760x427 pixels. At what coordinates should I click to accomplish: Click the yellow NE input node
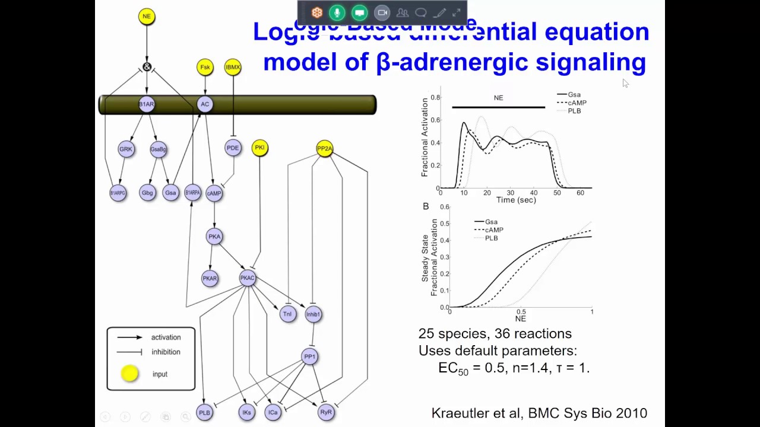147,17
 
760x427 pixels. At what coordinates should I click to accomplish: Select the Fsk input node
205,67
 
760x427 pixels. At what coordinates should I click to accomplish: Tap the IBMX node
233,67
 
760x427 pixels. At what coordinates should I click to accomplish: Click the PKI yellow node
259,148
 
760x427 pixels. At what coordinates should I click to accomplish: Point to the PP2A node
325,148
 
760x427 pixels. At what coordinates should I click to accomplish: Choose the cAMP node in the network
214,193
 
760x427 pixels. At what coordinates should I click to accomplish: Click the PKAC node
248,278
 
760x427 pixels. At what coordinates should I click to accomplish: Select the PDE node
233,148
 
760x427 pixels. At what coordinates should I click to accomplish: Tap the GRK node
126,149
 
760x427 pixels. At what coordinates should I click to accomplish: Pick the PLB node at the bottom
204,413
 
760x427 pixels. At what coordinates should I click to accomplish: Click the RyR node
326,412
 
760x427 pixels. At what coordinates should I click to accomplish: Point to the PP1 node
309,356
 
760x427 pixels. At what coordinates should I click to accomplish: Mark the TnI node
287,314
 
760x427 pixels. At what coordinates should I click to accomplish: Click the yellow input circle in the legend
129,374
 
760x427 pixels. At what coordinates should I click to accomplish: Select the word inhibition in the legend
166,352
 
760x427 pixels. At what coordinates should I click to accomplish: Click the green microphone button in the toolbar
337,12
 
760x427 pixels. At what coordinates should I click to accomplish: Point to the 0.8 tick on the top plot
435,97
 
